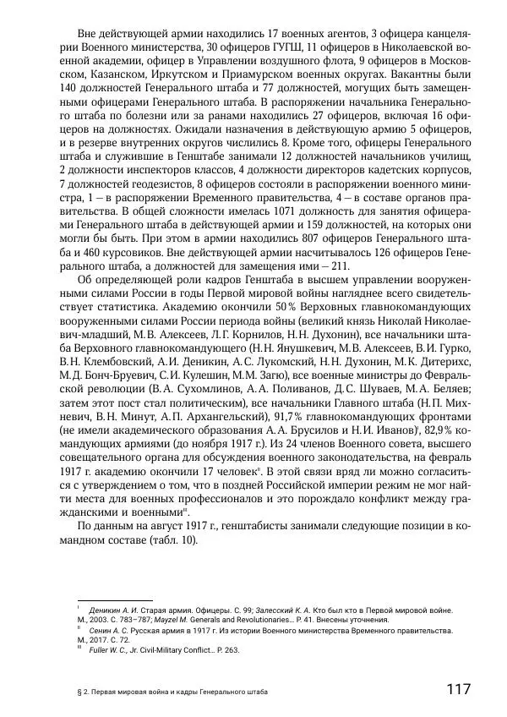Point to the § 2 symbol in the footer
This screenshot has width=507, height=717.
79,691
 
